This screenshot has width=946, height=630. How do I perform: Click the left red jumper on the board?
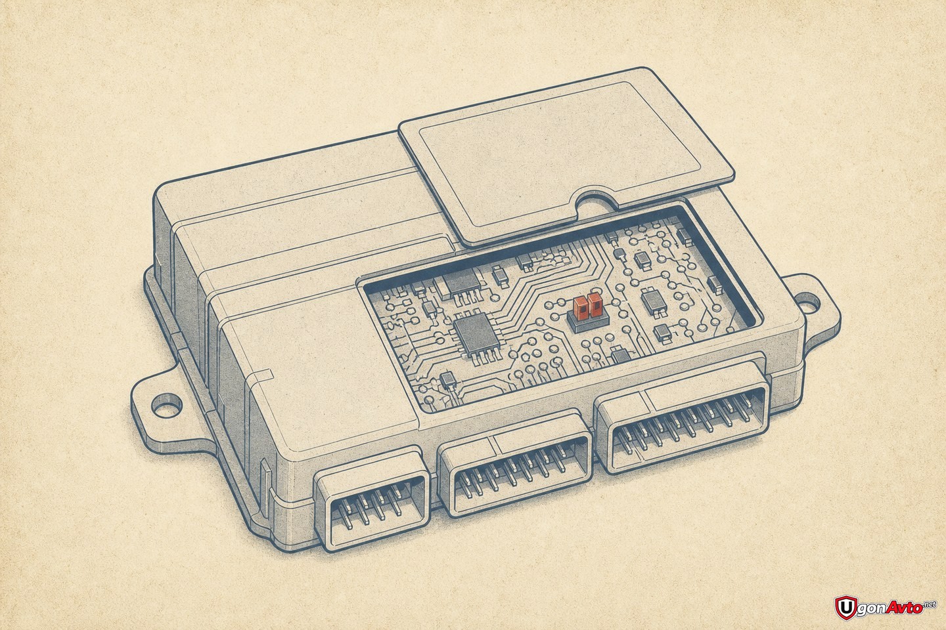[580, 307]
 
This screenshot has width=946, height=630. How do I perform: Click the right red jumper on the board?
[595, 304]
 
